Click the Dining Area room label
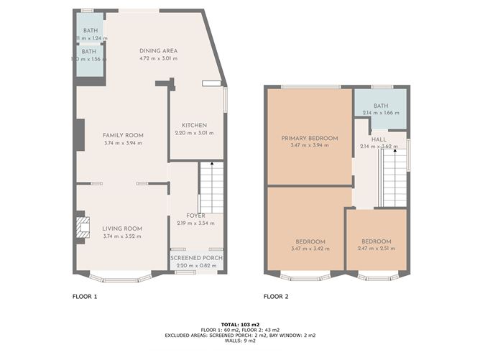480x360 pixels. click(x=158, y=50)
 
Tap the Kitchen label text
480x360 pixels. click(x=194, y=125)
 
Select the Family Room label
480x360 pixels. click(x=123, y=135)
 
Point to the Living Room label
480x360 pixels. click(x=123, y=229)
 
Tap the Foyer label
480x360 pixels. click(x=195, y=216)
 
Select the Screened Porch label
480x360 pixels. click(x=196, y=258)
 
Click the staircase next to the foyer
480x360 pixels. click(x=211, y=187)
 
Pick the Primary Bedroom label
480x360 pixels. click(x=310, y=137)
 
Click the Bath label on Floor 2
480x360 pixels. click(x=380, y=106)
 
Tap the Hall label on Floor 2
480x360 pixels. click(x=377, y=139)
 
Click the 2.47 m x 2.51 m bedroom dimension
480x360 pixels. click(x=376, y=249)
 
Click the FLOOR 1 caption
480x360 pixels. click(x=85, y=296)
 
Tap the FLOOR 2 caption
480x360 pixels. click(x=275, y=296)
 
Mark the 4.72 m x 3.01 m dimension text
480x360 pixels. click(x=158, y=58)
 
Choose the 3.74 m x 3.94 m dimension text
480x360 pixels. click(x=123, y=142)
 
